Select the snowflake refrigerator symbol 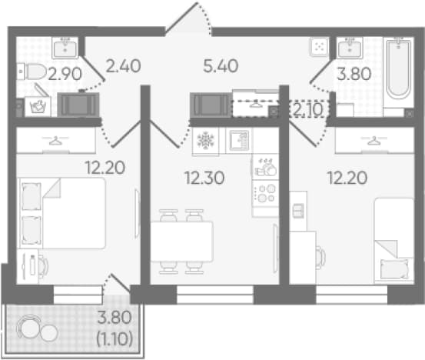point(205,141)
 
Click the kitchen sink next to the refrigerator point(239,140)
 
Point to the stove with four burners point(266,193)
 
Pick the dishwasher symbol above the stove point(266,167)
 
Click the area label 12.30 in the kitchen point(204,178)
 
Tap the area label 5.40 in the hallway point(221,66)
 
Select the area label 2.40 point(123,66)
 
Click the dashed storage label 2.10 point(308,109)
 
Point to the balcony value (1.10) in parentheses point(115,338)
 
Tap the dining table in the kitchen point(182,242)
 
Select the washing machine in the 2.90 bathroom point(38,107)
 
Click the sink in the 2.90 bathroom point(65,48)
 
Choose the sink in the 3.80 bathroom point(350,48)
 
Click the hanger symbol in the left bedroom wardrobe point(55,141)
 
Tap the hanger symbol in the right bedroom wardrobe point(374,141)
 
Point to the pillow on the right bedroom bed point(393,268)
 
